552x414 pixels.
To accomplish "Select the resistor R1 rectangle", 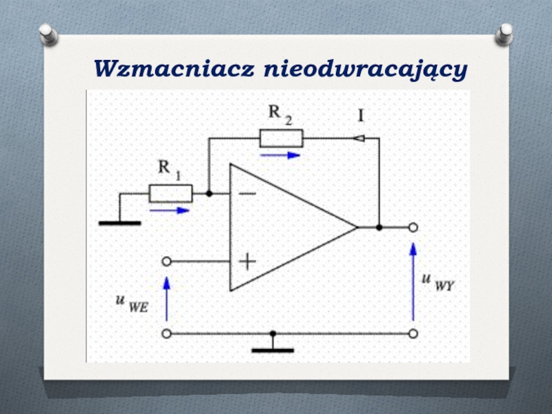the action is [x=170, y=194].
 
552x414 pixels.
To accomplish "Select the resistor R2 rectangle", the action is [x=281, y=139].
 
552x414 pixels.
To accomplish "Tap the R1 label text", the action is [x=170, y=168].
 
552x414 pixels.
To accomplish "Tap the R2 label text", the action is [x=279, y=114].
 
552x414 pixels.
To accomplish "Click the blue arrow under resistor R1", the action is [x=169, y=210].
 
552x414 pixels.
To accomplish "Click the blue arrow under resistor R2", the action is [x=280, y=155].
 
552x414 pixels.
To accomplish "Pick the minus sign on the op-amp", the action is [x=246, y=194].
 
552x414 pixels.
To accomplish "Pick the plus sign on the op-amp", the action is [x=247, y=262].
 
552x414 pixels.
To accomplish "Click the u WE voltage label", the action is [x=132, y=304].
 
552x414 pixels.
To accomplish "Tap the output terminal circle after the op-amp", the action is [x=413, y=227].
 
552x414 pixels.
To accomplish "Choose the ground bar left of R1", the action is [x=119, y=223].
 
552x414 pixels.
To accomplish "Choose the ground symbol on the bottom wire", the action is [x=273, y=349].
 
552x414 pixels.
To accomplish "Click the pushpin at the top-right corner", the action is [x=505, y=32].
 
